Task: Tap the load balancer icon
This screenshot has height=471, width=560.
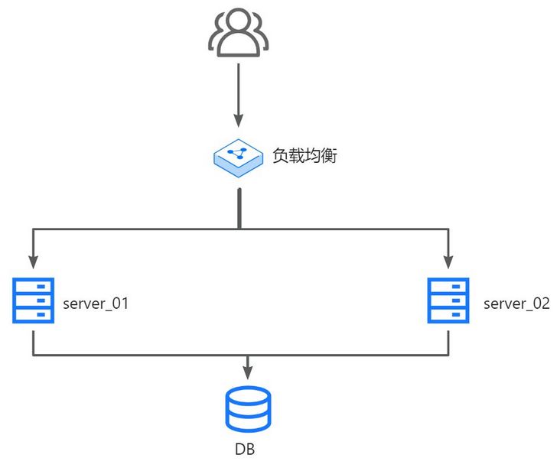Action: [x=239, y=157]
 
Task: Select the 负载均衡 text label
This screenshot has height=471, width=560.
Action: [x=304, y=155]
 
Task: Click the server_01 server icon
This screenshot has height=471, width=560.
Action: [x=33, y=300]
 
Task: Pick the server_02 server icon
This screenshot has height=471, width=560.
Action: [x=448, y=300]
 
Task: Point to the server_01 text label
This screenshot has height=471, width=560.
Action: [x=95, y=304]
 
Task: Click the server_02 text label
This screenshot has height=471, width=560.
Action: [x=516, y=304]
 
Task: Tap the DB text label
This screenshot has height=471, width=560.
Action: [x=245, y=450]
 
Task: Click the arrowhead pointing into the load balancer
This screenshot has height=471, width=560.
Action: [x=239, y=121]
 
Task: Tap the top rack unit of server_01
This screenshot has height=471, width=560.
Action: [x=33, y=286]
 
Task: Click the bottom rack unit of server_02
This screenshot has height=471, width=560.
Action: [x=448, y=314]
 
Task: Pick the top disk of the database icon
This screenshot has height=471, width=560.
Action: [x=248, y=396]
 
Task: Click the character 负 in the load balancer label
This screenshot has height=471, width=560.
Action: [x=281, y=155]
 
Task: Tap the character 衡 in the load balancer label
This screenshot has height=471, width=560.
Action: [x=329, y=155]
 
